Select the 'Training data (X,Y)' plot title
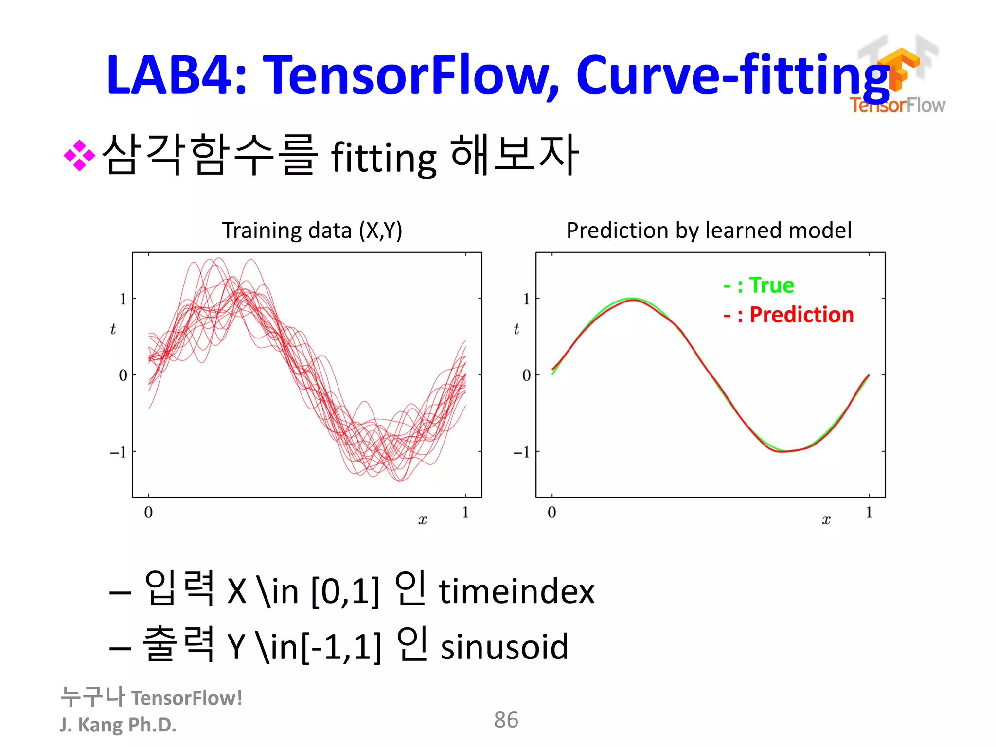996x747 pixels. tap(312, 231)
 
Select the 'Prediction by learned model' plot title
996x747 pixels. tap(709, 231)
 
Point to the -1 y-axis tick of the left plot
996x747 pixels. tap(118, 452)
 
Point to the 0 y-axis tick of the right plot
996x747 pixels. tap(526, 375)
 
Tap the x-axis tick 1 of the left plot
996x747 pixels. tap(465, 512)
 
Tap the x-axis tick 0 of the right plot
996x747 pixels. tap(551, 512)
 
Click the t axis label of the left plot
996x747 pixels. tap(113, 329)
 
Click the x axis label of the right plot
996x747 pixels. tap(826, 520)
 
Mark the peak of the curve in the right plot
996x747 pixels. tap(632, 299)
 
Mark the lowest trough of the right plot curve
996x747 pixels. tap(783, 451)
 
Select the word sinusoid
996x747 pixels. tap(504, 647)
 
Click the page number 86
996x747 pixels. tap(506, 720)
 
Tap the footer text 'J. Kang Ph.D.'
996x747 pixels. tap(118, 725)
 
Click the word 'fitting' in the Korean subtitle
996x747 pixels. tap(384, 158)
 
